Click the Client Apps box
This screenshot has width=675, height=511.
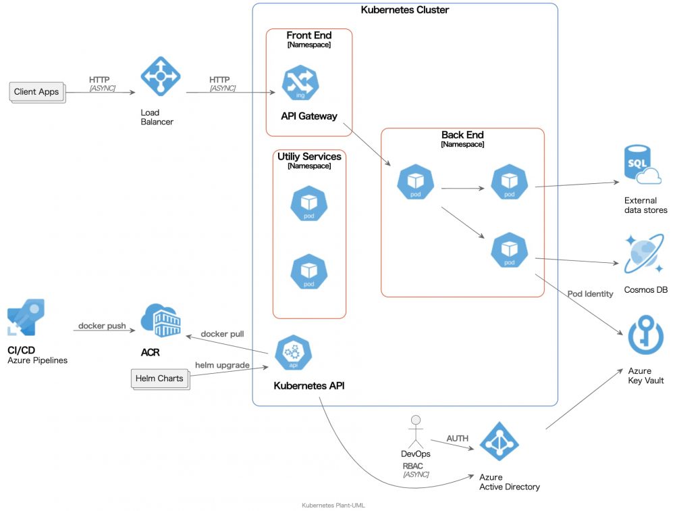pos(37,92)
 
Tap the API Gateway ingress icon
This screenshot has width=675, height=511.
pos(301,82)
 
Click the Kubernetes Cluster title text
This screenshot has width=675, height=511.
pos(405,10)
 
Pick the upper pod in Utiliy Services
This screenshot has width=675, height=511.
pos(308,203)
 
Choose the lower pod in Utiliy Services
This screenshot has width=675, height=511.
pos(308,272)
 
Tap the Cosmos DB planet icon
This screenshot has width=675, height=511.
pos(643,255)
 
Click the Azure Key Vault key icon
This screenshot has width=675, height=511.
pos(645,335)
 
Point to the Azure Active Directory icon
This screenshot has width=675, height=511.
pos(500,441)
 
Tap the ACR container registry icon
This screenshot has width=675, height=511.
pos(160,321)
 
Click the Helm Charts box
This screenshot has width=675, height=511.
pos(159,379)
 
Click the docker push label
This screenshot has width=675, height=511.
pos(102,326)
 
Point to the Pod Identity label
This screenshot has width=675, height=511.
pos(590,293)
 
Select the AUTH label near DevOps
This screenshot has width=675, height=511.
pos(457,439)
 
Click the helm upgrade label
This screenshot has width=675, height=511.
pos(222,365)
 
